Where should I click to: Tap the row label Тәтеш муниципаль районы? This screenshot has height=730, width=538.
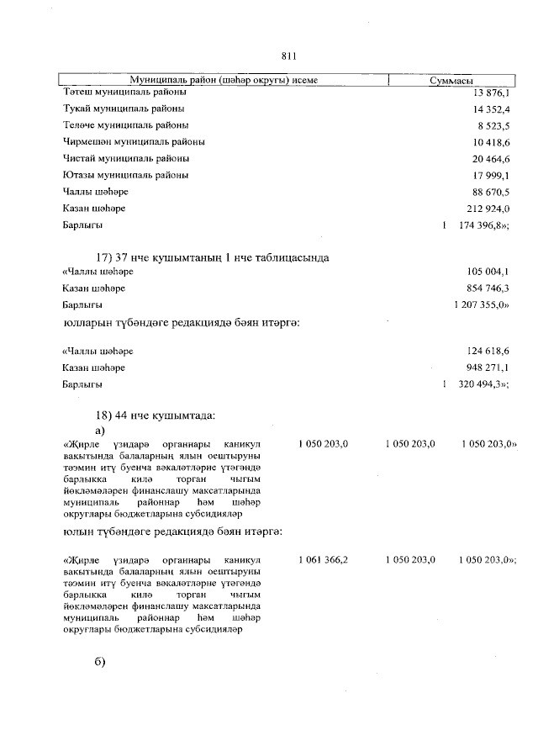pos(124,92)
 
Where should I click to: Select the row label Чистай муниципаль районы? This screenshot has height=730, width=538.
pos(125,158)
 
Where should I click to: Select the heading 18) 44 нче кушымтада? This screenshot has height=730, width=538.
pos(158,415)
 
